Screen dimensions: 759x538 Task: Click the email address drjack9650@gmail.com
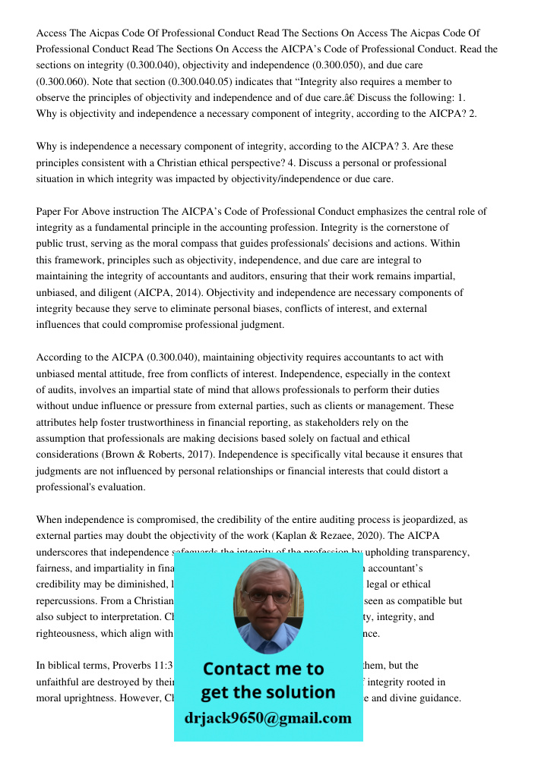click(x=267, y=718)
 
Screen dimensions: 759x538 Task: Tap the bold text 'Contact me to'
click(x=263, y=669)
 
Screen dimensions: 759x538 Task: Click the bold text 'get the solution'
click(x=267, y=692)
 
